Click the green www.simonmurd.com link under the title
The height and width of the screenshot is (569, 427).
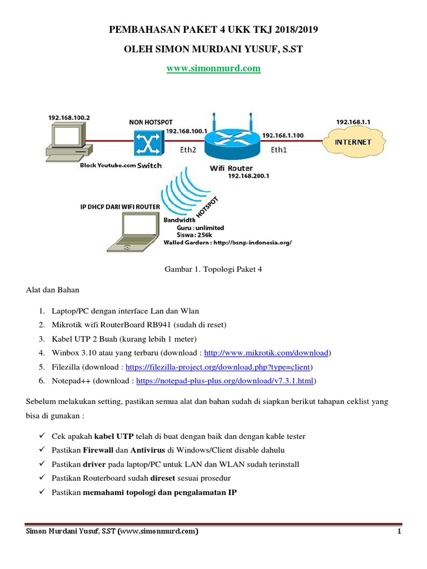point(213,68)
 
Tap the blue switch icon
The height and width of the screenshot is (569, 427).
point(148,143)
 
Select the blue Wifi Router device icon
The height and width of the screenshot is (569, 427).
point(232,140)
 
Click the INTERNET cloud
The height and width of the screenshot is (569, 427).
point(354,142)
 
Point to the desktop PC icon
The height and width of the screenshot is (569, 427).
point(69,142)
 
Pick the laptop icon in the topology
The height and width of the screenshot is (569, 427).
point(133,232)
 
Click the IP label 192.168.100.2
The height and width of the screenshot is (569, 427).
point(69,118)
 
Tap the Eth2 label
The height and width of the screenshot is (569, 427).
point(188,149)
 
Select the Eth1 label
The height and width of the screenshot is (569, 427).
point(279,149)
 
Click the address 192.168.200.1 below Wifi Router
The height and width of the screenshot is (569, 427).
point(249,176)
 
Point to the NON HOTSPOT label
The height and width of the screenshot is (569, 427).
point(151,122)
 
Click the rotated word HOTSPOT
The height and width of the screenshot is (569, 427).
point(207,207)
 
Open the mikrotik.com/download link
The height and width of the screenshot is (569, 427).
point(266,353)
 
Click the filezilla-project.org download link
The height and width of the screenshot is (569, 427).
point(218,367)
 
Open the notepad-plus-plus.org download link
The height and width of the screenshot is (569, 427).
point(225,381)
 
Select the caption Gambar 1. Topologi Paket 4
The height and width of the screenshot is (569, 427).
point(213,269)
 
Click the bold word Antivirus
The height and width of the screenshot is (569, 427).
point(148,450)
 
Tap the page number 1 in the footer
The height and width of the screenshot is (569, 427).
point(399,531)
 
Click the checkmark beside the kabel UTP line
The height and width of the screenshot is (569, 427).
point(42,435)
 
